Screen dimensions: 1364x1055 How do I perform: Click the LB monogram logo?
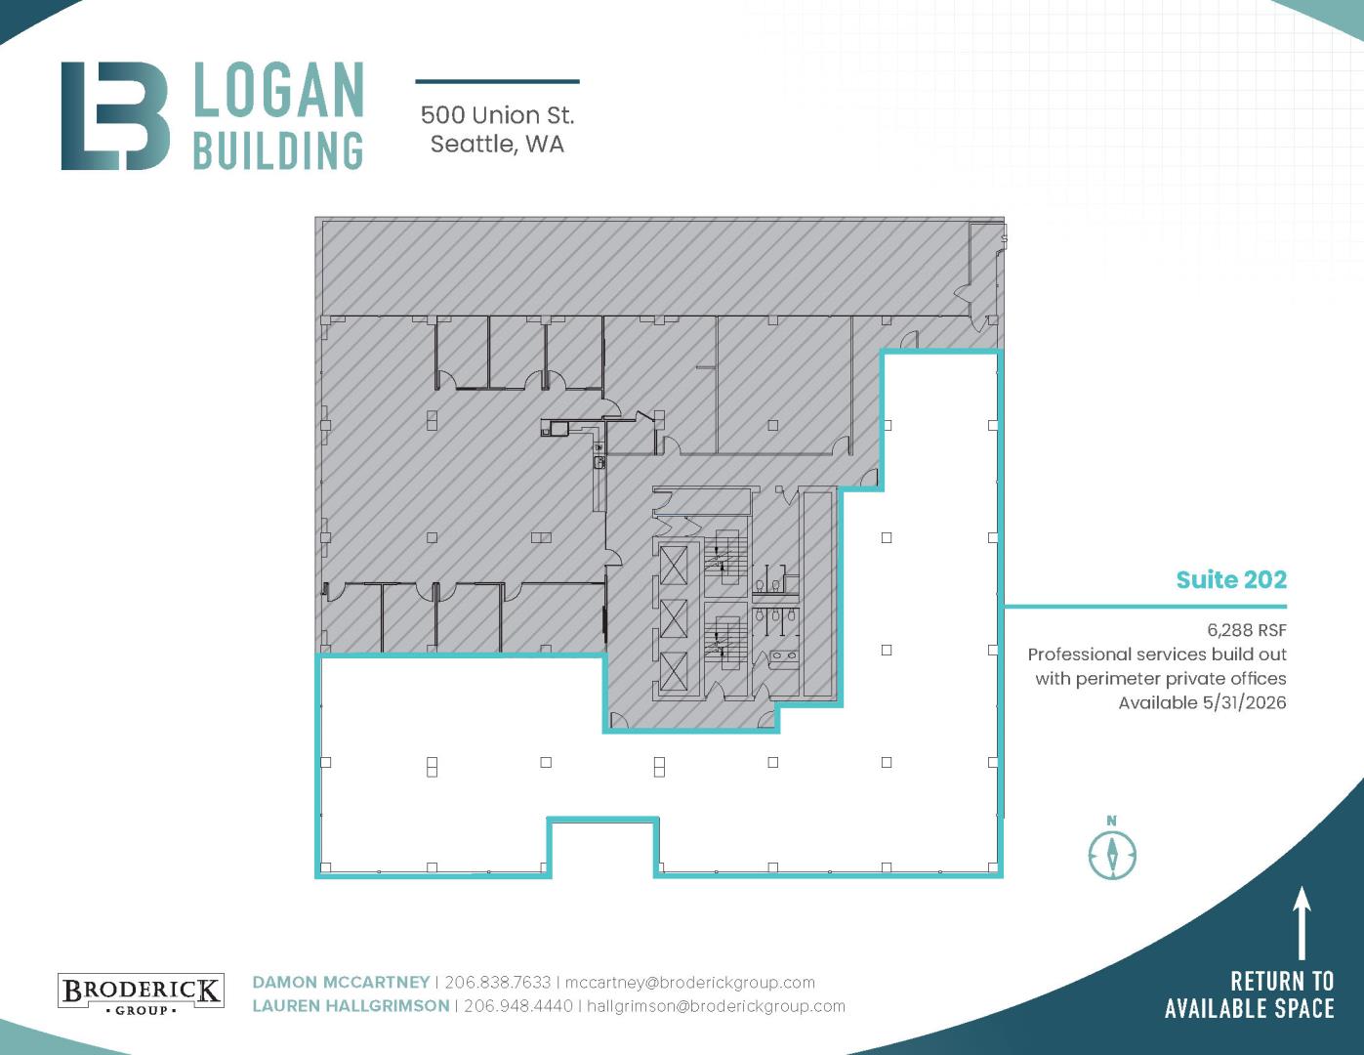tap(115, 115)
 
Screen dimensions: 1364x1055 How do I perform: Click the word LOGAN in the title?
tap(278, 90)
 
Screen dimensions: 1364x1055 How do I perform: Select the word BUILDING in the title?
tap(278, 150)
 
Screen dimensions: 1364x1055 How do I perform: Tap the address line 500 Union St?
tap(497, 115)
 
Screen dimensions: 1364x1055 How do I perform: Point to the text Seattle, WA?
tap(497, 145)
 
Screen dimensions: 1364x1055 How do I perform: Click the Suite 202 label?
tap(1231, 579)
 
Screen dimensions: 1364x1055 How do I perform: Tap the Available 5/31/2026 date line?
tap(1202, 702)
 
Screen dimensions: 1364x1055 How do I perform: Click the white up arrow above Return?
tap(1302, 923)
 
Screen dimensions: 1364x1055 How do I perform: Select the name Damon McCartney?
tap(341, 982)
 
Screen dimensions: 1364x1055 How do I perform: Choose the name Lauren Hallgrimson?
tap(351, 1006)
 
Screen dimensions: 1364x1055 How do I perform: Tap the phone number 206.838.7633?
tap(497, 982)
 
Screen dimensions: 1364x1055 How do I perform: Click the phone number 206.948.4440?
tap(517, 1006)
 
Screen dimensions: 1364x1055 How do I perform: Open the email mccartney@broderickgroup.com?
tap(690, 983)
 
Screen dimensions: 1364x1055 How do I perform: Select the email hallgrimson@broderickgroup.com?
tap(716, 1006)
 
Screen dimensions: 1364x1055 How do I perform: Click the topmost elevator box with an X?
tap(674, 565)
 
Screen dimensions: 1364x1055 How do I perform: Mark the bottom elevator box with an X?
tap(674, 671)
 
